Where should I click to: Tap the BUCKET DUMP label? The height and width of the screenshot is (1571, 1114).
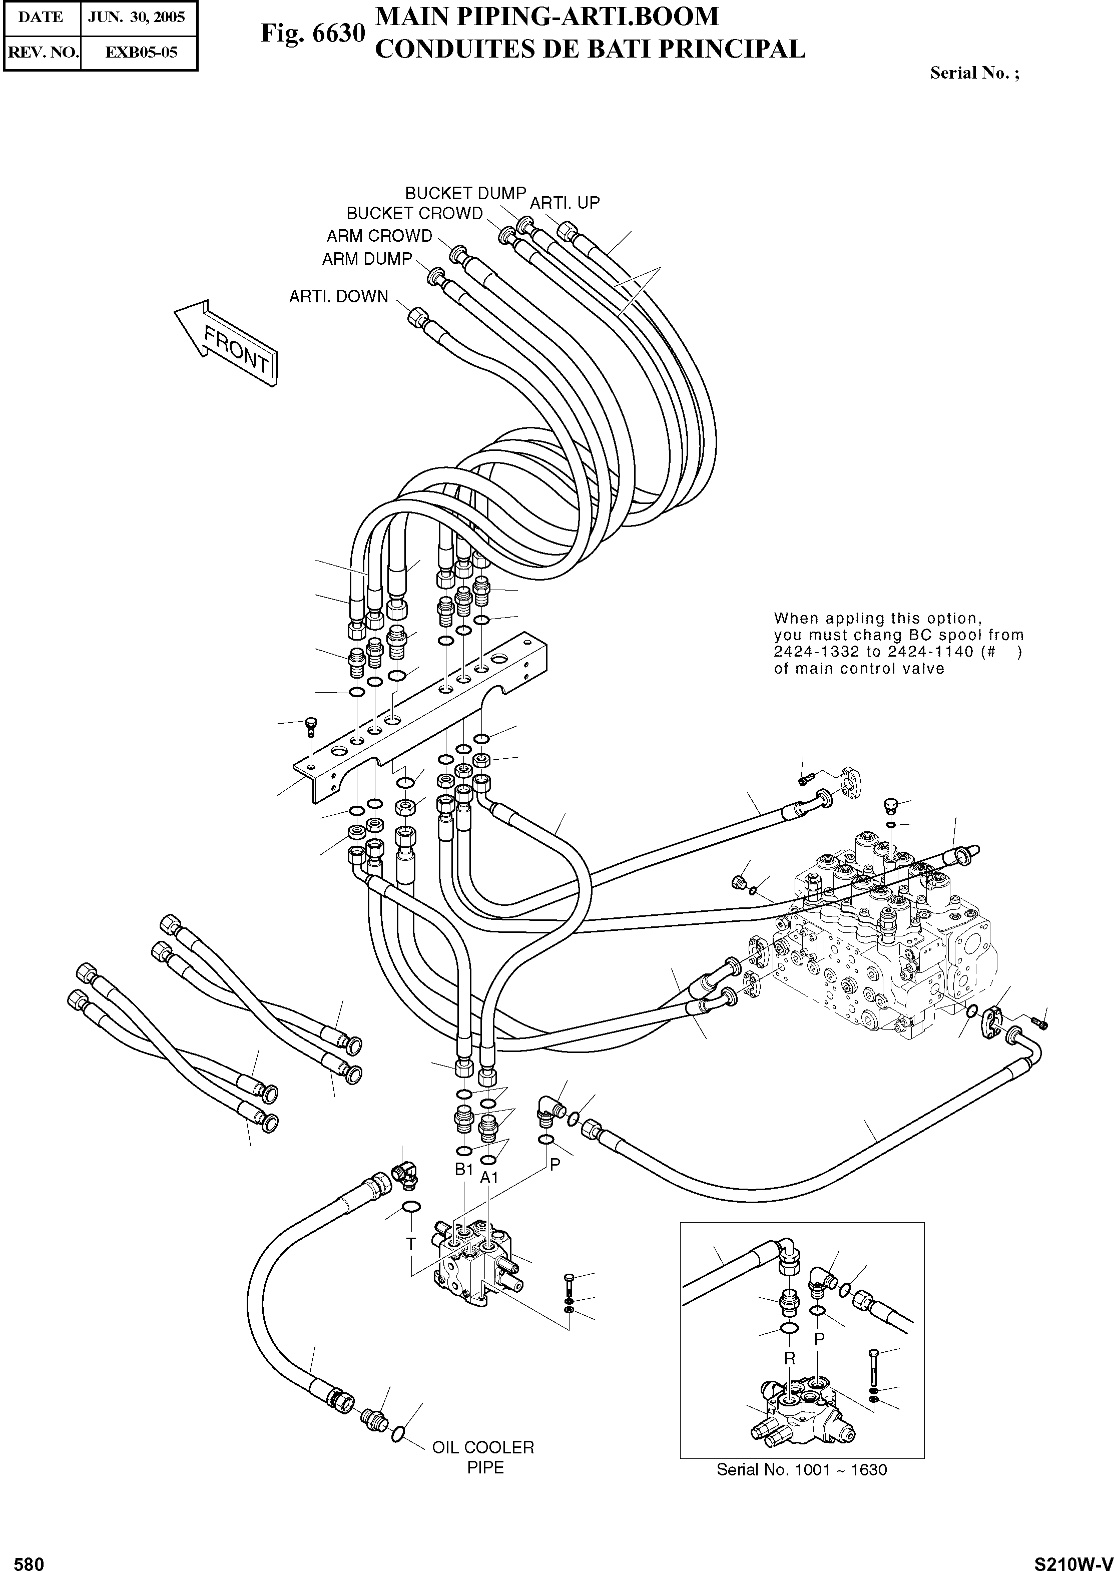click(x=465, y=194)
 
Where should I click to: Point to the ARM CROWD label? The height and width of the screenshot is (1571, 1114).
click(x=379, y=236)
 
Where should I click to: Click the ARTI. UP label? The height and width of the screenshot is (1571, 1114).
click(x=565, y=203)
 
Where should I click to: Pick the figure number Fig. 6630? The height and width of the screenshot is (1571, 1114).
click(x=312, y=33)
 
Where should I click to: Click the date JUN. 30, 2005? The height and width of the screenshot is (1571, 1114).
click(x=137, y=17)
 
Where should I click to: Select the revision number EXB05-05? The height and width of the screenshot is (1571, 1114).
click(x=141, y=52)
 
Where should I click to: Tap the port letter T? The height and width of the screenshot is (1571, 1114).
click(x=410, y=1244)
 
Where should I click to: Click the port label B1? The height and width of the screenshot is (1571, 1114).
click(x=464, y=1169)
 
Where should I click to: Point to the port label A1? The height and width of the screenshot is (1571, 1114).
click(x=488, y=1178)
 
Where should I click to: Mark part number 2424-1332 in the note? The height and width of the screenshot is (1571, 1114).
click(x=816, y=652)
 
